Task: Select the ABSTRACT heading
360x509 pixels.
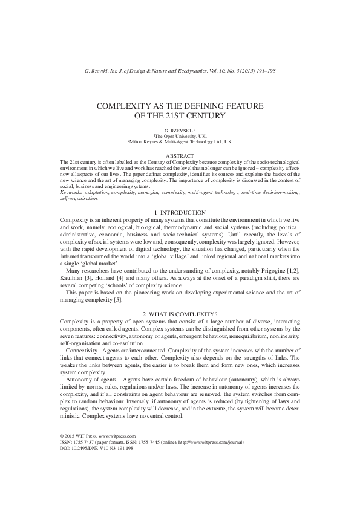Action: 180,156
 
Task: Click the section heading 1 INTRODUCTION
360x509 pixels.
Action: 180,212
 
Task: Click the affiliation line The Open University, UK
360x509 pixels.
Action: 180,137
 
